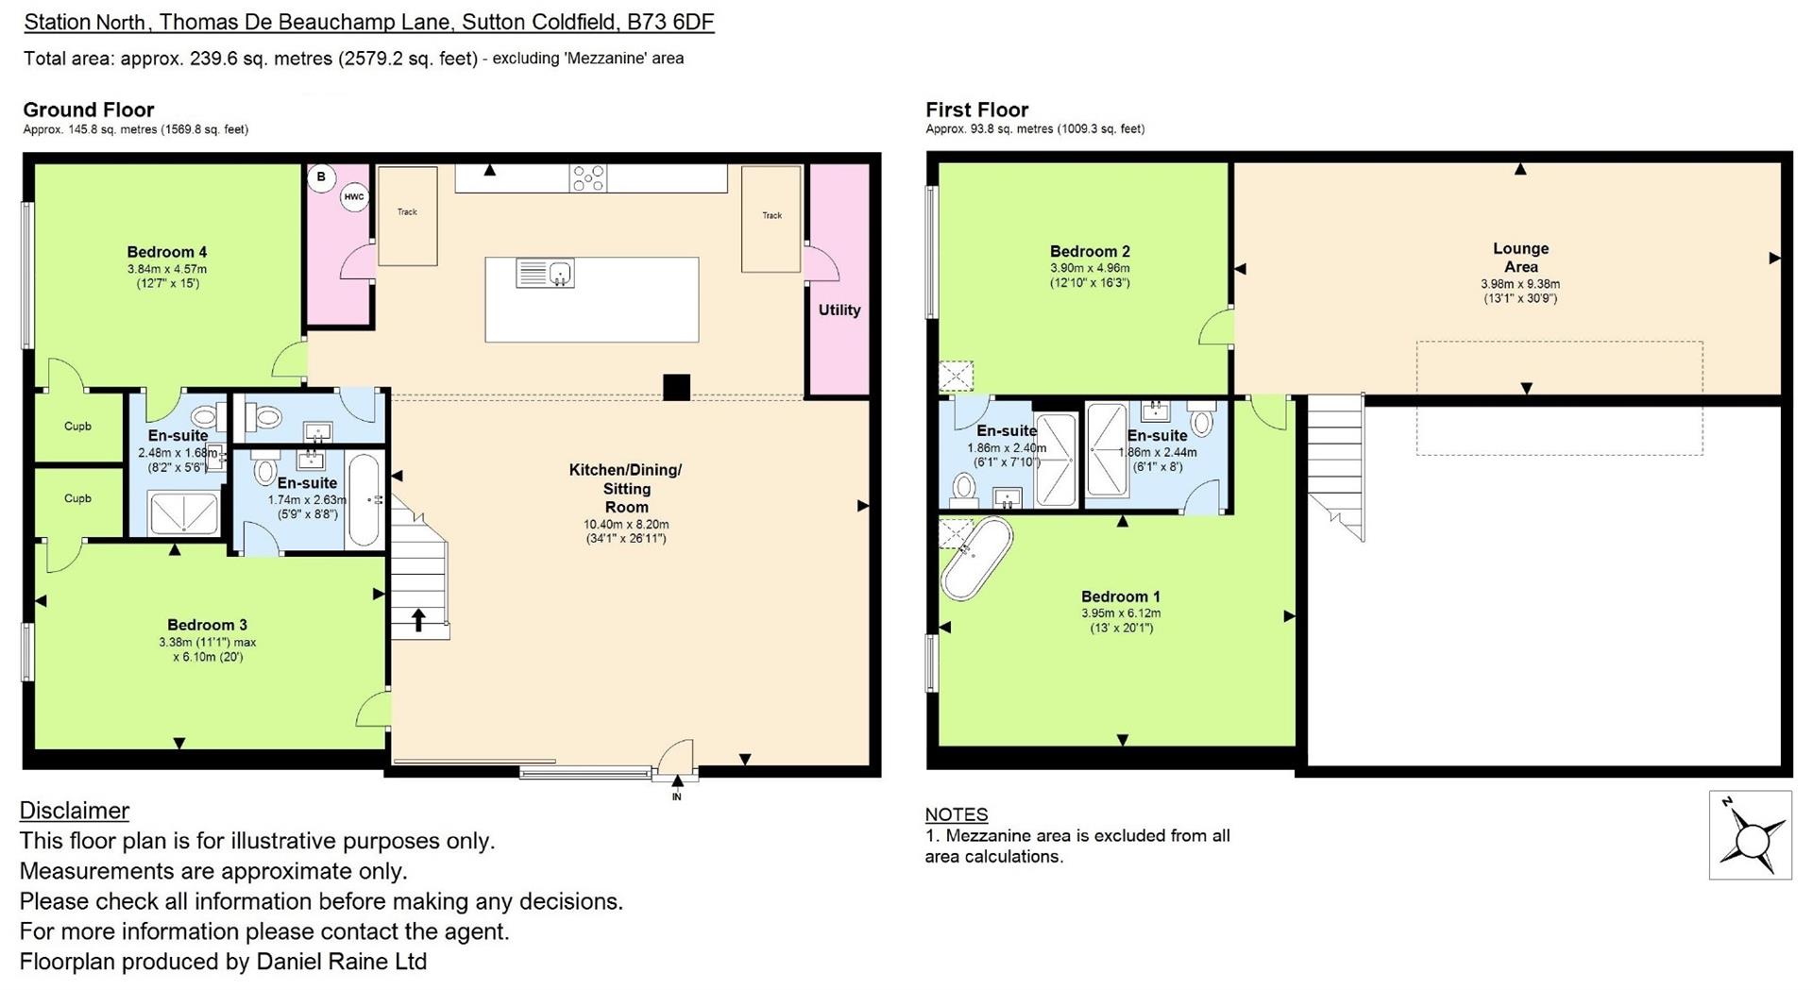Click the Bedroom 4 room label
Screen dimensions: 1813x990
(167, 252)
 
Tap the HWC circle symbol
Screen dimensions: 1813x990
(354, 197)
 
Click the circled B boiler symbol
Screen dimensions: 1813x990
(321, 176)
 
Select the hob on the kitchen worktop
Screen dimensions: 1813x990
(587, 177)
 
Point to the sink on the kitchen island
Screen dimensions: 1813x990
(546, 274)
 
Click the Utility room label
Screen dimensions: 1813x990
(839, 310)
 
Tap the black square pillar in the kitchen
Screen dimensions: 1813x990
(676, 387)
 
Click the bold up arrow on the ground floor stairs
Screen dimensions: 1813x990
(418, 619)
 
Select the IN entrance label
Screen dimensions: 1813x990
(676, 797)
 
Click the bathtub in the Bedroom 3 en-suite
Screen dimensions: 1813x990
(364, 501)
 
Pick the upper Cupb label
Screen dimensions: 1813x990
(77, 427)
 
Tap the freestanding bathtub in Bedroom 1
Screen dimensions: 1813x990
(975, 559)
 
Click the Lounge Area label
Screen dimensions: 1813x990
(1520, 258)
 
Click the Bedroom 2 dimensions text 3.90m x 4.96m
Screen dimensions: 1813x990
(1091, 268)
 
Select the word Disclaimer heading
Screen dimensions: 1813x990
(75, 811)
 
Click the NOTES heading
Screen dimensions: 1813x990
(957, 814)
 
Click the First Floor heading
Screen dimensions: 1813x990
(977, 109)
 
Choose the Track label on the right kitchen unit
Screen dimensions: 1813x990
(772, 215)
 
